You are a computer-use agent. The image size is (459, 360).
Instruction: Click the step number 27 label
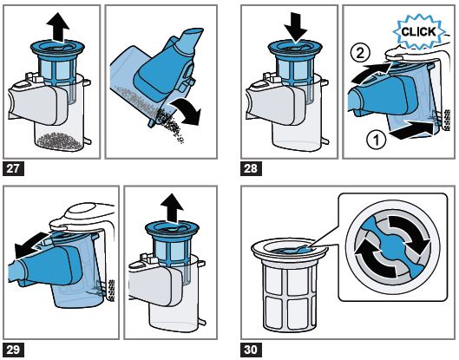coord(14,168)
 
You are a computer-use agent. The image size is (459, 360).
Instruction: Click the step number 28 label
coord(251,168)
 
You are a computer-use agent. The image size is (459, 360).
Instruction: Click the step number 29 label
coord(14,350)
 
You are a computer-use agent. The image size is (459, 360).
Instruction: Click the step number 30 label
coord(251,350)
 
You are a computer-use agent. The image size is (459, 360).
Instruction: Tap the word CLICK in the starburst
coord(418,31)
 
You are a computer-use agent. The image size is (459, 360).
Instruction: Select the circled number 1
coord(377,140)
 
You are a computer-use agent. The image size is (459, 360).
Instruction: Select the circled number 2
coord(360,53)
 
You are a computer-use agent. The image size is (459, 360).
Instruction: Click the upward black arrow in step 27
coord(57,27)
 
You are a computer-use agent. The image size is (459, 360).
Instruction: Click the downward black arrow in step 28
coord(295,28)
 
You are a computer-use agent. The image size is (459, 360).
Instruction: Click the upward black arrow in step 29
coord(172,208)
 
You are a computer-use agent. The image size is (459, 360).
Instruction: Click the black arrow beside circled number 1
coord(411,130)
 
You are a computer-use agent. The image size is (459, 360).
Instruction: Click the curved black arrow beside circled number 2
coord(371,73)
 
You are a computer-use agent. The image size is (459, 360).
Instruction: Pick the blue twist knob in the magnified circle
coord(391,246)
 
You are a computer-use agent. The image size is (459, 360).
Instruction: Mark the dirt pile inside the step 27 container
coord(59,141)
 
